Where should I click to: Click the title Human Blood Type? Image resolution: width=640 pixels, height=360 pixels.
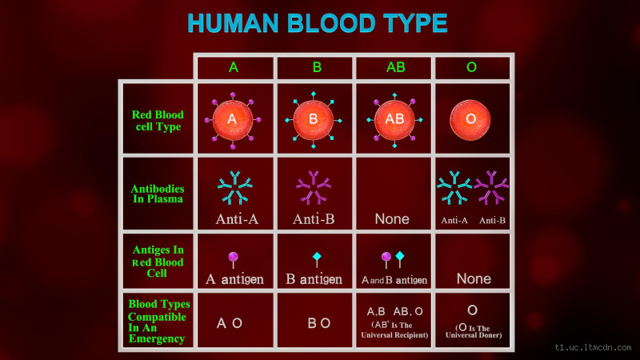pos(318,23)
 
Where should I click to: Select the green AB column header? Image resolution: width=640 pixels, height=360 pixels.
pos(395,67)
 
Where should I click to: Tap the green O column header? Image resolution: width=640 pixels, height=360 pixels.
pos(471,67)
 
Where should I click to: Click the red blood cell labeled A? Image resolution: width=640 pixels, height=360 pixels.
pos(233,119)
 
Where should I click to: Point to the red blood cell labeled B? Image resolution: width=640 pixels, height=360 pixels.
pos(313,119)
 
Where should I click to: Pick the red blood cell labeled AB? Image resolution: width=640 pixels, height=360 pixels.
pos(395,119)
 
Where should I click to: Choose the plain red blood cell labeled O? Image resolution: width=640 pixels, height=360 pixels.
pos(471,118)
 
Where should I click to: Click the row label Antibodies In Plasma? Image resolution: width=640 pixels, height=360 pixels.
pos(158,194)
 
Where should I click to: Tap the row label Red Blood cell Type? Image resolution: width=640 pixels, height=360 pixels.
pos(158,120)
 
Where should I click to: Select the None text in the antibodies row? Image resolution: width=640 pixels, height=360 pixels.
pos(392,218)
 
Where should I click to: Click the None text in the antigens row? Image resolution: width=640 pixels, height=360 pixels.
pos(474,279)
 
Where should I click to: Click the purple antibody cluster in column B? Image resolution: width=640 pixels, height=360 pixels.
pos(313,189)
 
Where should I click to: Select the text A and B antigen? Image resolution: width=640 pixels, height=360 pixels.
pos(394,280)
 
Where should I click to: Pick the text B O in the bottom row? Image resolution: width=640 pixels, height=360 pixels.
pos(318,323)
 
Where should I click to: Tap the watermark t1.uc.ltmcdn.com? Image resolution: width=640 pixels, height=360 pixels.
pos(594,349)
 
